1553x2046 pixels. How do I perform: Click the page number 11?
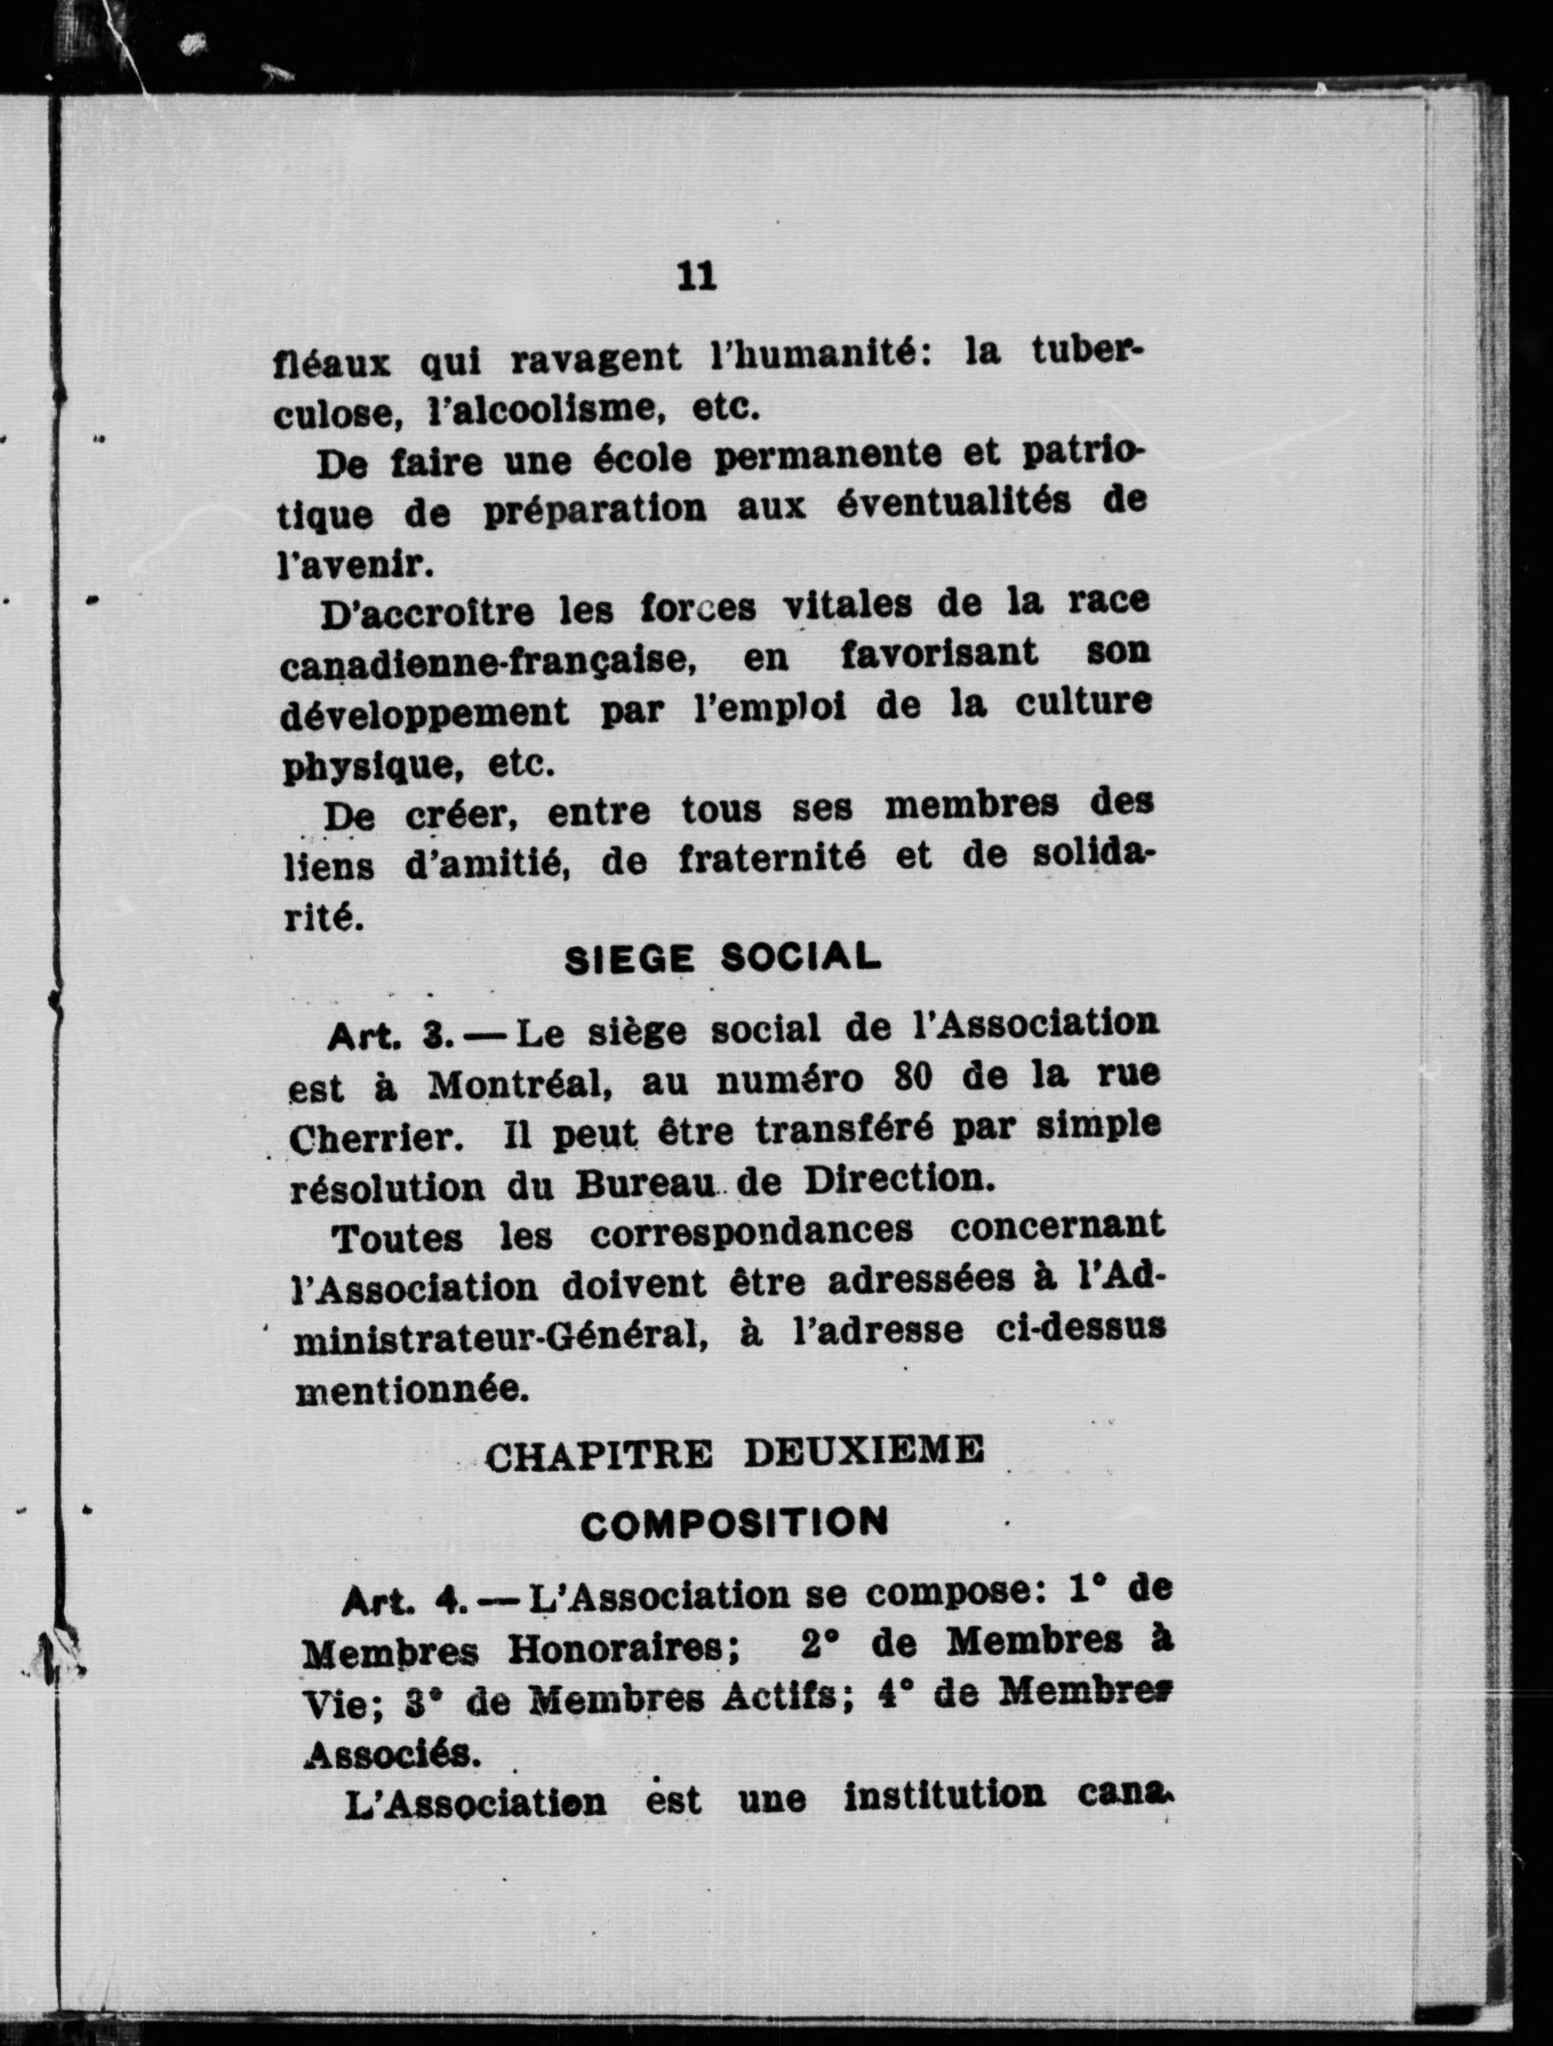coord(697,277)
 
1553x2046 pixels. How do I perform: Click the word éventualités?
coord(936,504)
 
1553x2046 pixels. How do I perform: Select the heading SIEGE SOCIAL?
coord(721,959)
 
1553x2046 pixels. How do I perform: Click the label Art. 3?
coord(389,1037)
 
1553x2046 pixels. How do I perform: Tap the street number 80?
coord(916,1079)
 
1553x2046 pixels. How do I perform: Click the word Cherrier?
coord(376,1138)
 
